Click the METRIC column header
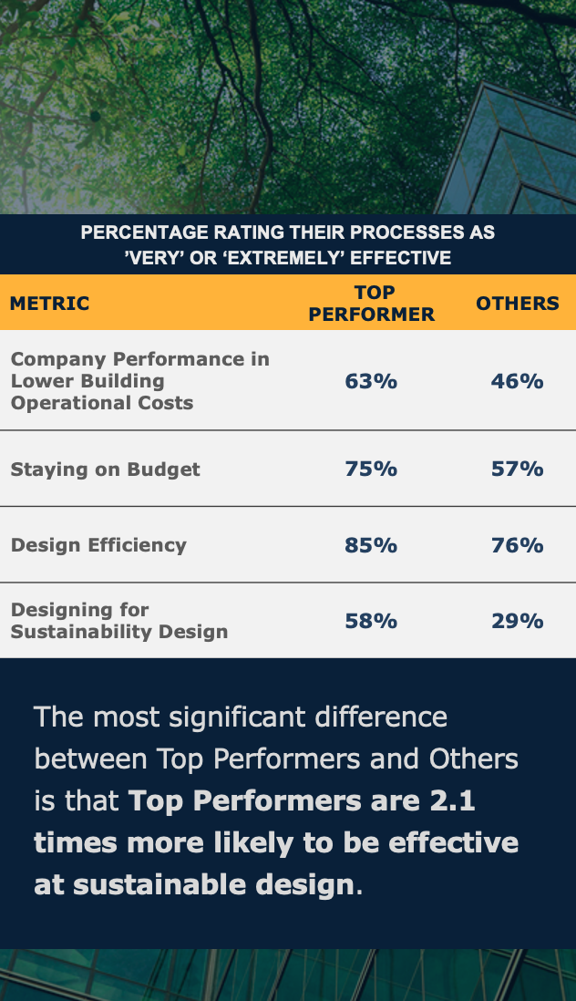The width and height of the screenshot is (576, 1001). click(x=50, y=304)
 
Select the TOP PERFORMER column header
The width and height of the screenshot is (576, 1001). click(x=371, y=304)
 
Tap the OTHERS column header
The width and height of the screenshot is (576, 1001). click(x=518, y=304)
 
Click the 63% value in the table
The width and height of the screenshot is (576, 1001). click(x=371, y=381)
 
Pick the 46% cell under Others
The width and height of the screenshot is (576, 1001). click(x=517, y=381)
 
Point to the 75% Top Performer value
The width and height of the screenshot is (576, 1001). click(x=371, y=469)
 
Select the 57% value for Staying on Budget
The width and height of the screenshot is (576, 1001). click(x=517, y=469)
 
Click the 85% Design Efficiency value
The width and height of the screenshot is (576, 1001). click(x=371, y=545)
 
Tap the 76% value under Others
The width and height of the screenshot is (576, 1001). click(x=517, y=545)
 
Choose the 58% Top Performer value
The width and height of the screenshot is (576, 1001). click(x=371, y=621)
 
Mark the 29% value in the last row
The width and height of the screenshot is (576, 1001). click(x=517, y=621)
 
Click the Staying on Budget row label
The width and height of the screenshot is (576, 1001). click(x=106, y=470)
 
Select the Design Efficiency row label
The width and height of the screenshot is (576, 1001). click(x=98, y=545)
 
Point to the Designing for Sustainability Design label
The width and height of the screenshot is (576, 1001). click(x=119, y=621)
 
